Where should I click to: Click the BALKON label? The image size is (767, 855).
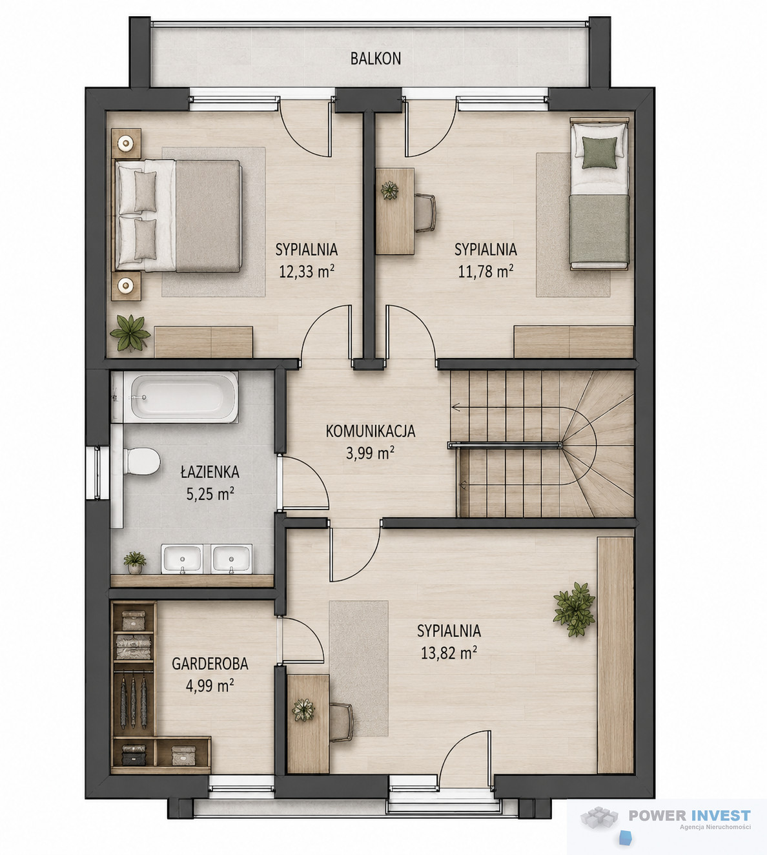[376, 59]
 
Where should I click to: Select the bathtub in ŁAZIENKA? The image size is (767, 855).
[175, 397]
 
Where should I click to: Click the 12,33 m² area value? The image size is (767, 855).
[307, 271]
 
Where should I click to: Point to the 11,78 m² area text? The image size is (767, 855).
[486, 271]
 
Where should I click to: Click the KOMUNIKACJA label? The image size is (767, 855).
[371, 431]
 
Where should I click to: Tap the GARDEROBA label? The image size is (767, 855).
[210, 664]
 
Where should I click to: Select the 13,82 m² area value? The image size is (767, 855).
[449, 653]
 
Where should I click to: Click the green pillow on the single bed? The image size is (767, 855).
[599, 152]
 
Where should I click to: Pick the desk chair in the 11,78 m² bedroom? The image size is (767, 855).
[425, 212]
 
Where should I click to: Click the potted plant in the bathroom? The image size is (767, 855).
[135, 562]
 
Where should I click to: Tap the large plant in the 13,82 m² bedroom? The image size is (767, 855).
[574, 609]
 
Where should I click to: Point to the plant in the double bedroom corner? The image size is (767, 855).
[130, 333]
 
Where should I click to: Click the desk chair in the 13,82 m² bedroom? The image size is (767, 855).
[341, 722]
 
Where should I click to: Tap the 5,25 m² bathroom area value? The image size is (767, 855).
[210, 493]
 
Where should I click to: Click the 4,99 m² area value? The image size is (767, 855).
[210, 685]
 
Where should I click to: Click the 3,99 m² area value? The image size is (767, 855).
[371, 453]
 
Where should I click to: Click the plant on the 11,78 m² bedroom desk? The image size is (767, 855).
[389, 191]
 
